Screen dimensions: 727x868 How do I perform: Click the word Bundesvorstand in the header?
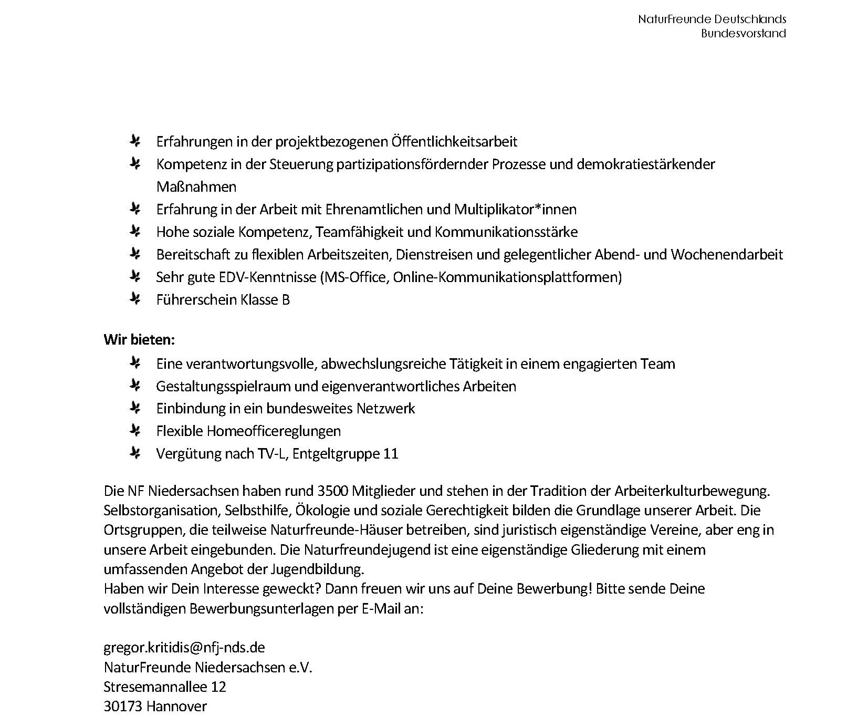(x=743, y=34)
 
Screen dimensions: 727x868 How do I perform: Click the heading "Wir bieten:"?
(x=139, y=339)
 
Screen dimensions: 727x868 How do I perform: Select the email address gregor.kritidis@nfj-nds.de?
(x=184, y=647)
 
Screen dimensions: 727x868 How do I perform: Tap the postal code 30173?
(x=123, y=707)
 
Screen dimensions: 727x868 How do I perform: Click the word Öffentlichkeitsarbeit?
(x=454, y=142)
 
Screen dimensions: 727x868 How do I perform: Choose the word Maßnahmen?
(x=196, y=187)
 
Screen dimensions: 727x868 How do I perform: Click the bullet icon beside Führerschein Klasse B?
(x=135, y=299)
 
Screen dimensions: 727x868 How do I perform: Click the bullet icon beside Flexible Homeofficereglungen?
(x=135, y=431)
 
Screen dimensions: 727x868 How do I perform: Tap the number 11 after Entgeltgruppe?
(x=391, y=454)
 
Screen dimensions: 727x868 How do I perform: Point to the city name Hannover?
(x=176, y=707)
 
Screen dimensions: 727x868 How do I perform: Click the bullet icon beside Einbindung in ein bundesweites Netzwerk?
(x=135, y=409)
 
